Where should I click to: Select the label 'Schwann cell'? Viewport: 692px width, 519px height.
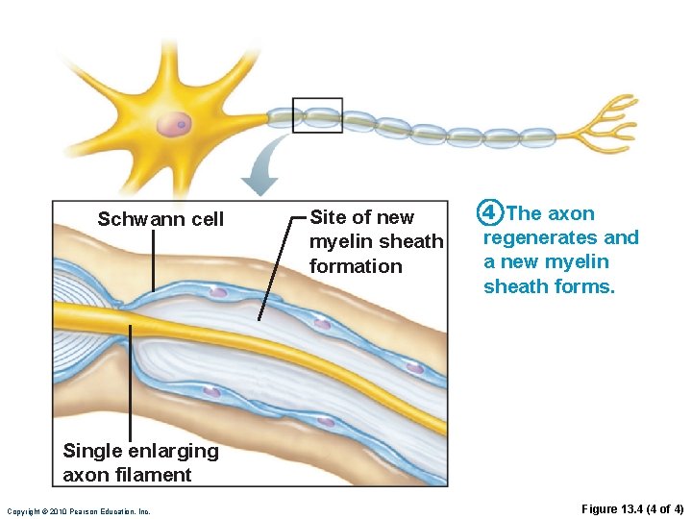tap(161, 219)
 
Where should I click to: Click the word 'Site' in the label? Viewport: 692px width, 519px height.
tap(327, 217)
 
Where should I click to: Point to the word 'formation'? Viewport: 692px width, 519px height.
tap(356, 266)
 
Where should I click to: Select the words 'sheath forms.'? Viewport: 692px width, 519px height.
tap(549, 285)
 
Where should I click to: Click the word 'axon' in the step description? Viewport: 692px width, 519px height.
tap(571, 213)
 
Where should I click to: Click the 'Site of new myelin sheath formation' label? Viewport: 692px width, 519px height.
tap(376, 241)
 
